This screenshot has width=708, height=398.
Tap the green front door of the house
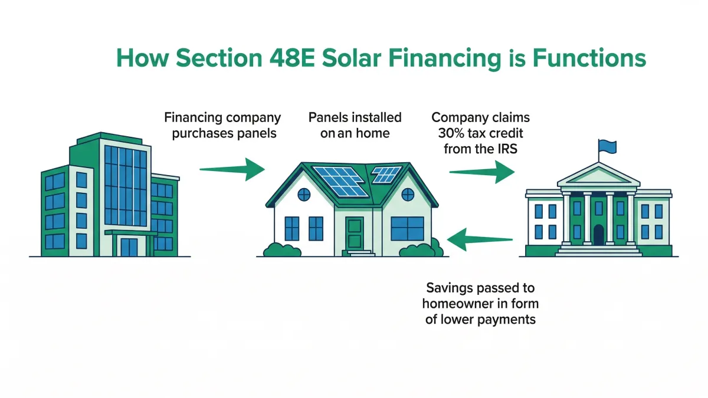[355, 233]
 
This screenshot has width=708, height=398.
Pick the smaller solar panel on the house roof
[386, 174]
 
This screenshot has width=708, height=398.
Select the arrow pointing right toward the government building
[481, 172]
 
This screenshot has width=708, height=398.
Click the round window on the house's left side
[303, 194]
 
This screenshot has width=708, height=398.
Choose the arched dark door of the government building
[598, 234]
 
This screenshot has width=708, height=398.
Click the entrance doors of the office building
[128, 246]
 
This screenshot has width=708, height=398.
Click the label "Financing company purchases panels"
[224, 125]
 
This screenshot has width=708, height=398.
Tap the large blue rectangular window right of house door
[407, 229]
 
